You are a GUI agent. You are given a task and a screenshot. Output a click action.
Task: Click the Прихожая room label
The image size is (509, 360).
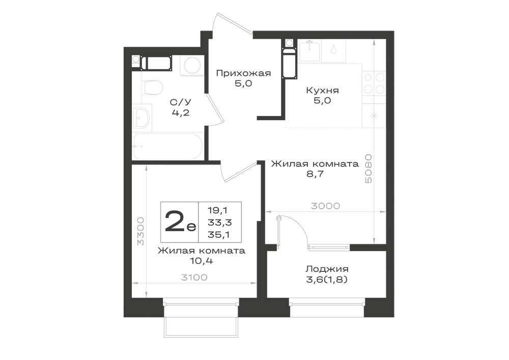tap(243, 73)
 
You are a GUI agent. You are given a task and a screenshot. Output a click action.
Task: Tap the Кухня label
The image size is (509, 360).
tap(322, 90)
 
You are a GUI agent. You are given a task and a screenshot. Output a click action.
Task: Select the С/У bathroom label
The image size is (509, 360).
tap(181, 102)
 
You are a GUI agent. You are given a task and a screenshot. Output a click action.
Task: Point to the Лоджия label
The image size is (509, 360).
tap(327, 269)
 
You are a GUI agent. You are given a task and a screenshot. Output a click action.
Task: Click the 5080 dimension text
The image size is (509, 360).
tap(368, 169)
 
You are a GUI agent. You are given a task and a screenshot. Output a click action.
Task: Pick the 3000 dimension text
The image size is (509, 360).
tap(325, 206)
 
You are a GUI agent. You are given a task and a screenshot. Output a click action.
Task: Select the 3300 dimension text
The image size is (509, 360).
tap(140, 231)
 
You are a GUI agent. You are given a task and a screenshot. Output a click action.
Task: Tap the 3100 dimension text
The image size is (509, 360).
tap(194, 277)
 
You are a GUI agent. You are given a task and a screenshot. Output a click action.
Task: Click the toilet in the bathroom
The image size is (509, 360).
tap(153, 87)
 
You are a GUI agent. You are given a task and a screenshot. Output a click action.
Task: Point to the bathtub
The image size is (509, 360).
tap(167, 147)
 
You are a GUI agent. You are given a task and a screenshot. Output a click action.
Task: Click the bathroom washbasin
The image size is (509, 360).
tap(142, 118)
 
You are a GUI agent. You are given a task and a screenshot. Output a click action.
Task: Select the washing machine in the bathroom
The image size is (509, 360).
tap(192, 66)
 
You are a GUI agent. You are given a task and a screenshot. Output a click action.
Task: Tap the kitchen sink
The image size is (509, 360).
tap(309, 50)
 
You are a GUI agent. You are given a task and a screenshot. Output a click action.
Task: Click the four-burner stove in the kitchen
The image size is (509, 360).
tap(374, 83)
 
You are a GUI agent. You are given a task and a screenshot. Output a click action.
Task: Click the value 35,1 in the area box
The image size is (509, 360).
tap(219, 234)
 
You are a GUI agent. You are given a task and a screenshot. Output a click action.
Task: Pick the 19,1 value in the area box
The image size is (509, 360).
tap(217, 210)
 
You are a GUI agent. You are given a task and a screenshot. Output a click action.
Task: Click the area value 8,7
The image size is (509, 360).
tap(315, 174)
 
